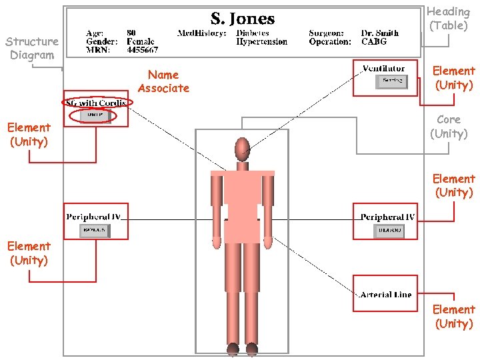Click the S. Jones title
(243, 19)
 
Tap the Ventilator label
(383, 68)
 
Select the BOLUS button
(95, 231)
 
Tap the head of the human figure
(242, 148)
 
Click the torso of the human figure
(242, 200)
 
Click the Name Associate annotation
(163, 81)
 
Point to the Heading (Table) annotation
(448, 19)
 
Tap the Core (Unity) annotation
(448, 127)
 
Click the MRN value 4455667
(142, 50)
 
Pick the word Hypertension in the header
(262, 41)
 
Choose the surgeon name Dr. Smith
(380, 33)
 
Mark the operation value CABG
(373, 41)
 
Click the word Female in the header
(141, 41)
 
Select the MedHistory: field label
(201, 33)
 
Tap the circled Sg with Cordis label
(97, 103)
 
